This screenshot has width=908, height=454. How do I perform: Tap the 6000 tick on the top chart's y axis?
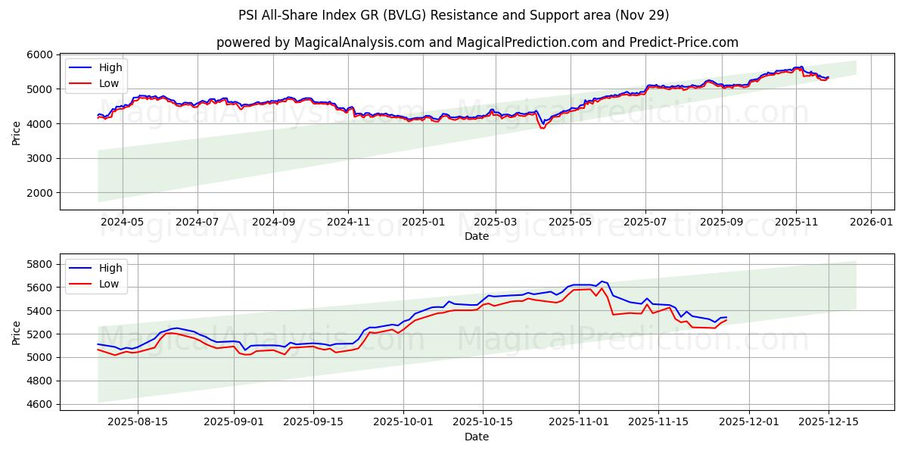[40, 54]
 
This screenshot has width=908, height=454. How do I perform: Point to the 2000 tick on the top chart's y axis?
[40, 193]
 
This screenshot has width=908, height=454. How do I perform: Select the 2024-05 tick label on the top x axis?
[122, 222]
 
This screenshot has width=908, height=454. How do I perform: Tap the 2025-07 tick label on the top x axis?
[645, 222]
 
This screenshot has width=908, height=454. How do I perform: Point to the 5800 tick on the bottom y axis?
[40, 264]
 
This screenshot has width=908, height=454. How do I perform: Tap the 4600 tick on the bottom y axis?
[40, 404]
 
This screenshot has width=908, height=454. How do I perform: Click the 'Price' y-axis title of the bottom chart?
[17, 332]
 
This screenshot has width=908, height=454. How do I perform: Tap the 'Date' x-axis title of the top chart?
[477, 236]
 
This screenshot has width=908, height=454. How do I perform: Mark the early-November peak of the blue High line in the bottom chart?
[602, 281]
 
